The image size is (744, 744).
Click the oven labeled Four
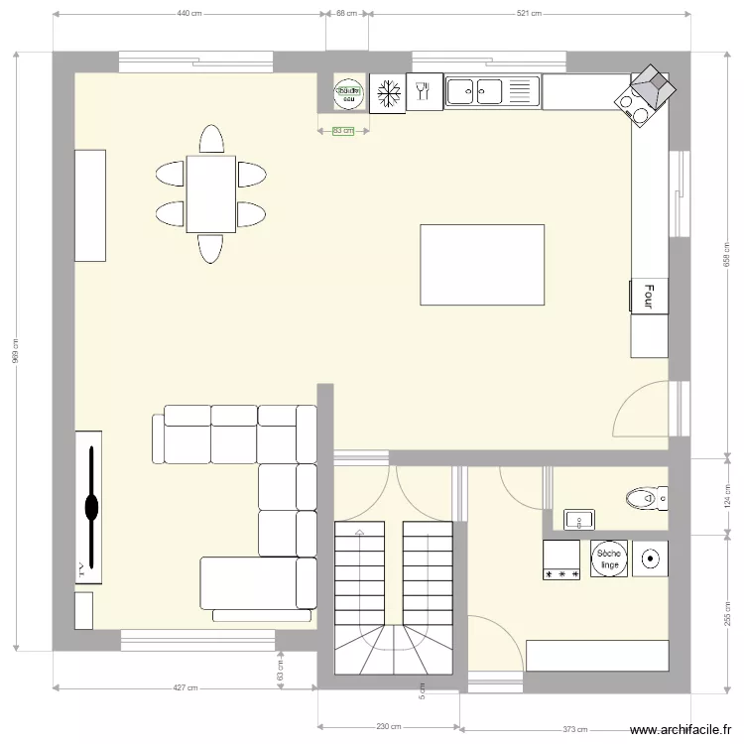(x=649, y=296)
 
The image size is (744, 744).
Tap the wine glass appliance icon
(x=424, y=92)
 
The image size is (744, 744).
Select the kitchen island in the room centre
(x=482, y=265)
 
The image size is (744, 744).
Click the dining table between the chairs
(x=210, y=193)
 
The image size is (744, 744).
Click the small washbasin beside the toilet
(x=578, y=518)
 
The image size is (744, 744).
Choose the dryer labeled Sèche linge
(x=609, y=559)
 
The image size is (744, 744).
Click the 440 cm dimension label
(x=189, y=14)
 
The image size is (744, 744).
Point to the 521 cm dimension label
(x=529, y=14)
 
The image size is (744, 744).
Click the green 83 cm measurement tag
(x=342, y=131)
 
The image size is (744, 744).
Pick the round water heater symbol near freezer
(x=348, y=92)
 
